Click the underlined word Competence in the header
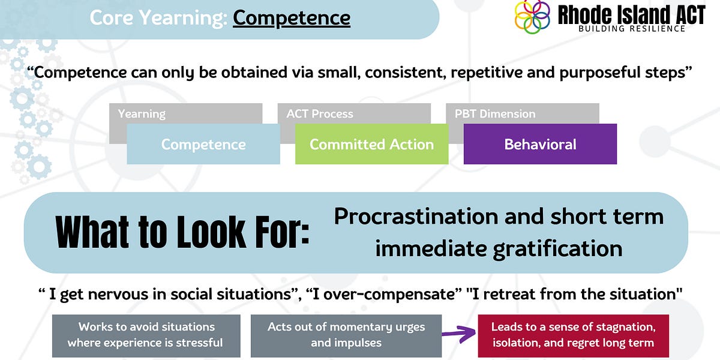click(292, 17)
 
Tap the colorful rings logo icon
click(532, 17)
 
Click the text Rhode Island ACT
click(631, 14)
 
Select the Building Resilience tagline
click(632, 29)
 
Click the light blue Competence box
click(203, 145)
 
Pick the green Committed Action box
click(371, 145)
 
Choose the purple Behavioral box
click(540, 145)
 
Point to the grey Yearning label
click(142, 113)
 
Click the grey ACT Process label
click(320, 113)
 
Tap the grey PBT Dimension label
click(495, 113)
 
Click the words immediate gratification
click(499, 247)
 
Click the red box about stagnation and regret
click(572, 335)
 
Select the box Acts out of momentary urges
click(346, 335)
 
